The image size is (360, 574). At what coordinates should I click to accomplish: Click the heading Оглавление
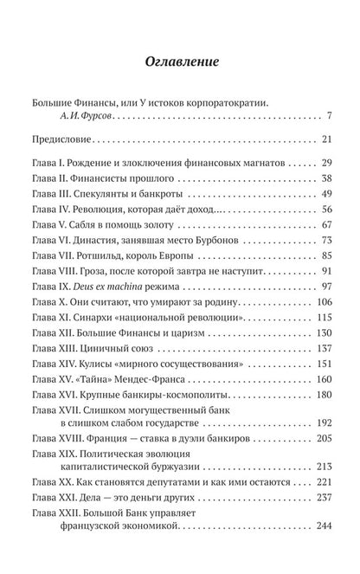[180, 62]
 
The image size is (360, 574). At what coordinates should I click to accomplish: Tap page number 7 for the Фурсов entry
[318, 115]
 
